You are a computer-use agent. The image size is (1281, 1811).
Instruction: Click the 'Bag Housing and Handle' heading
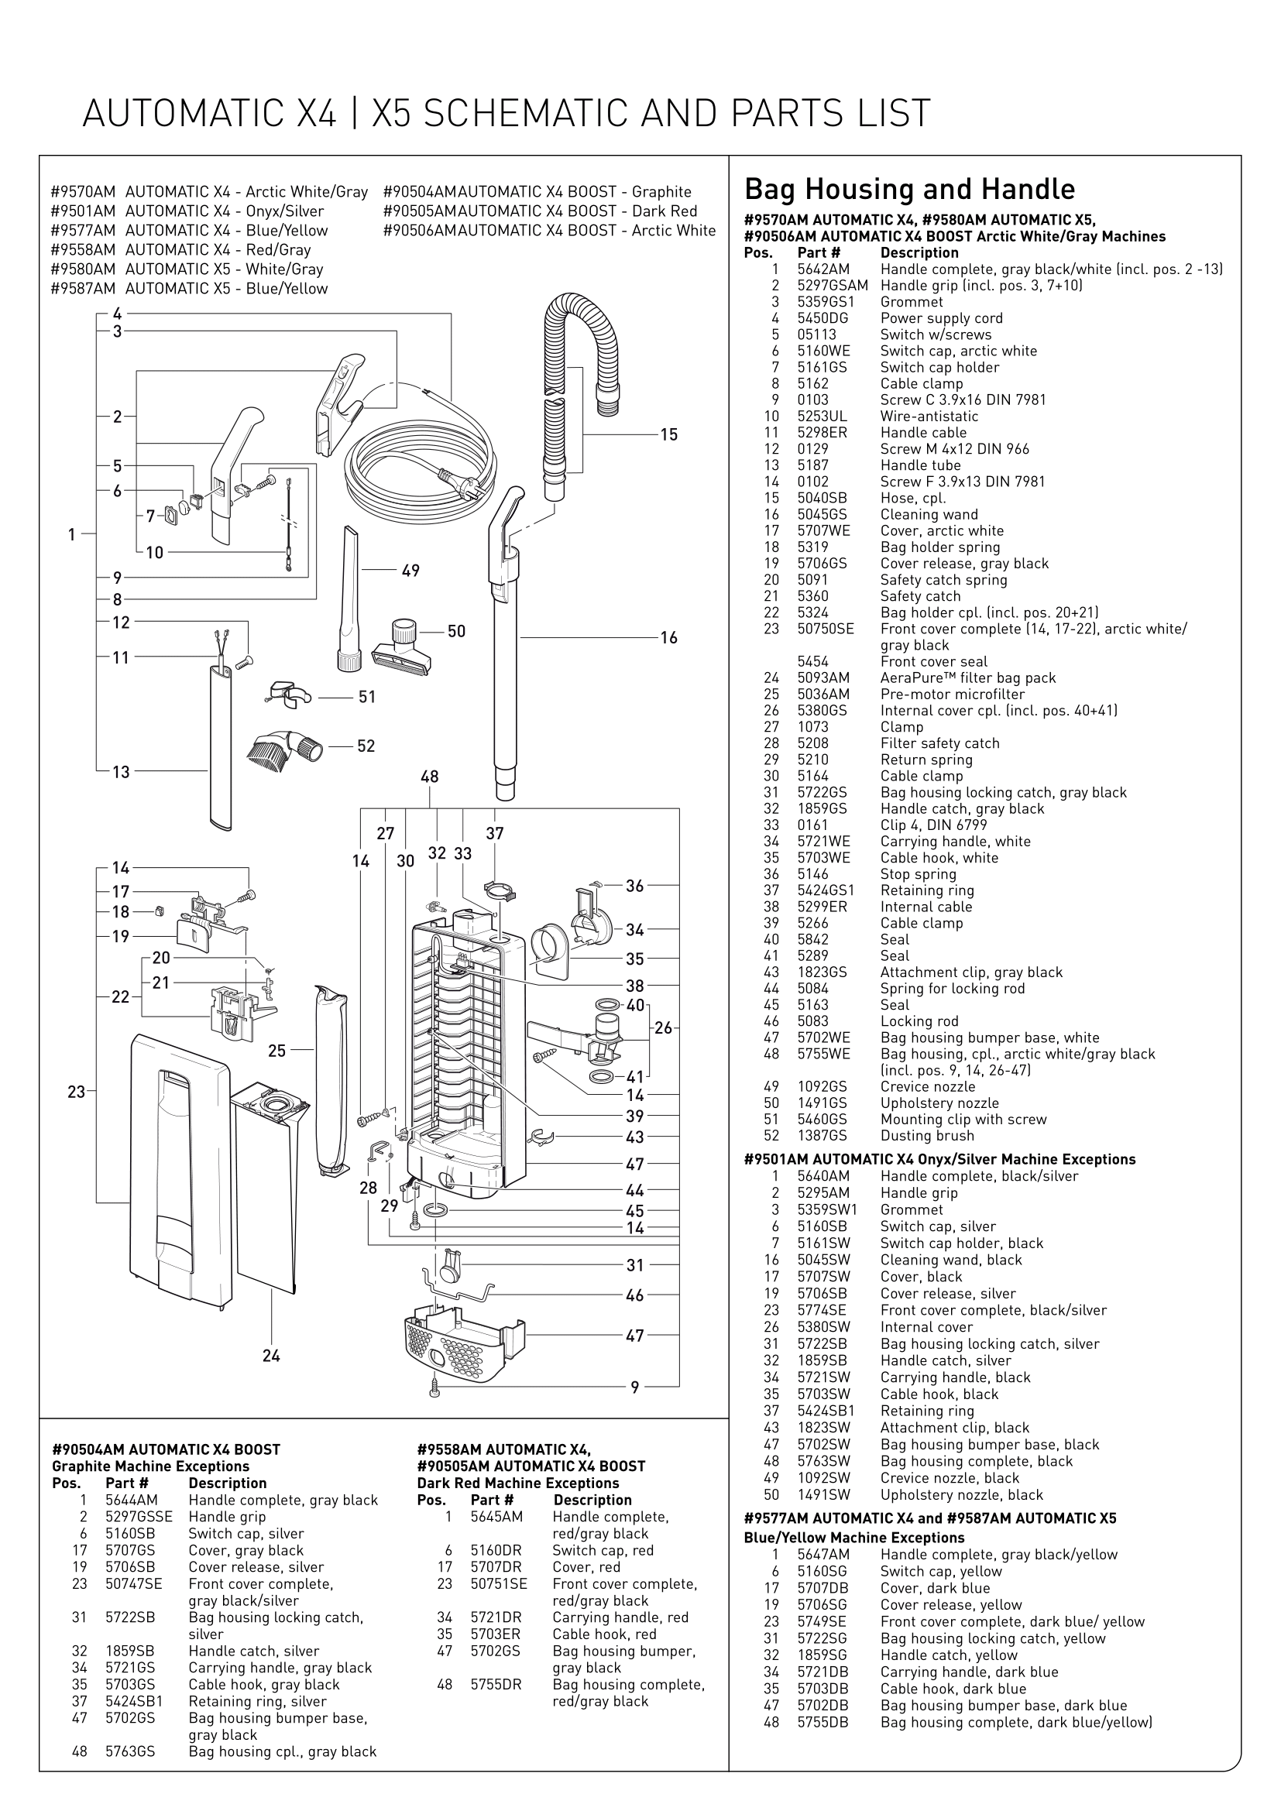pyautogui.click(x=909, y=189)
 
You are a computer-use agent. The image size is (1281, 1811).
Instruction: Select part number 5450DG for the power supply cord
pyautogui.click(x=823, y=319)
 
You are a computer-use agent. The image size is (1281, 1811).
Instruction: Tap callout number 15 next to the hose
pyautogui.click(x=669, y=434)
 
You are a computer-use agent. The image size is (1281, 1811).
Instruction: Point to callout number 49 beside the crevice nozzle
pyautogui.click(x=411, y=571)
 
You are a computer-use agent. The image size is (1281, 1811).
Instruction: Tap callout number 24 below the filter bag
pyautogui.click(x=271, y=1356)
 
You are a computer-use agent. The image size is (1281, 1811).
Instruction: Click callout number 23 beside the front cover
pyautogui.click(x=76, y=1092)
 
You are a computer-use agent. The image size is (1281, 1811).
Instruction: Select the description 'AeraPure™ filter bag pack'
pyautogui.click(x=968, y=678)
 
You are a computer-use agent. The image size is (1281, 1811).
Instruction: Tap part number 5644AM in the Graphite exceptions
pyautogui.click(x=132, y=1501)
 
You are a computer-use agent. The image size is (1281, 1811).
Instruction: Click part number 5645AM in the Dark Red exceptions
pyautogui.click(x=496, y=1517)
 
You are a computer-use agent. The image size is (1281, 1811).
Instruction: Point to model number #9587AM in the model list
pyautogui.click(x=83, y=289)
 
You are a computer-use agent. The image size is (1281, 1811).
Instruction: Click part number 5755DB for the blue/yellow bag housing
pyautogui.click(x=823, y=1723)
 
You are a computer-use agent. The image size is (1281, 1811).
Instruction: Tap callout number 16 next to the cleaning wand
pyautogui.click(x=669, y=637)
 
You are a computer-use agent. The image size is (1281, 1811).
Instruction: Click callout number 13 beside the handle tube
pyautogui.click(x=121, y=771)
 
